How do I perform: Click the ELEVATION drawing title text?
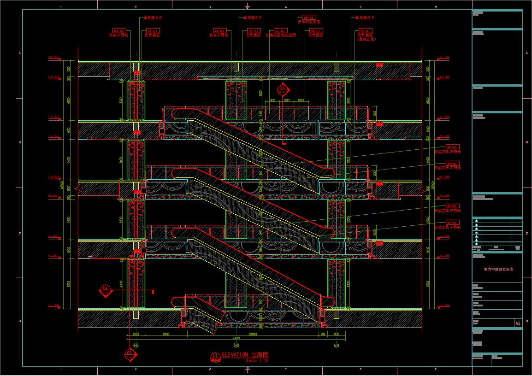[x=245, y=355]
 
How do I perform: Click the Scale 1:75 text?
[x=257, y=360]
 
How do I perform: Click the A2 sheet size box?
[x=518, y=323]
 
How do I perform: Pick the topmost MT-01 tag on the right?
[x=453, y=147]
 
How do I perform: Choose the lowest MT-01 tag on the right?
[x=453, y=223]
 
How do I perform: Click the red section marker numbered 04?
[x=106, y=290]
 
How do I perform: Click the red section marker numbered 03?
[x=130, y=354]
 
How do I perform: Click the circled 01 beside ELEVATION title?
[x=214, y=355]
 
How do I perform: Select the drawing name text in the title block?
[x=498, y=269]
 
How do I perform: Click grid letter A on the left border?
[x=20, y=53]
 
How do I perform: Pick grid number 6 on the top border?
[x=435, y=7]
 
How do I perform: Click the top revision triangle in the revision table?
[x=477, y=222]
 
